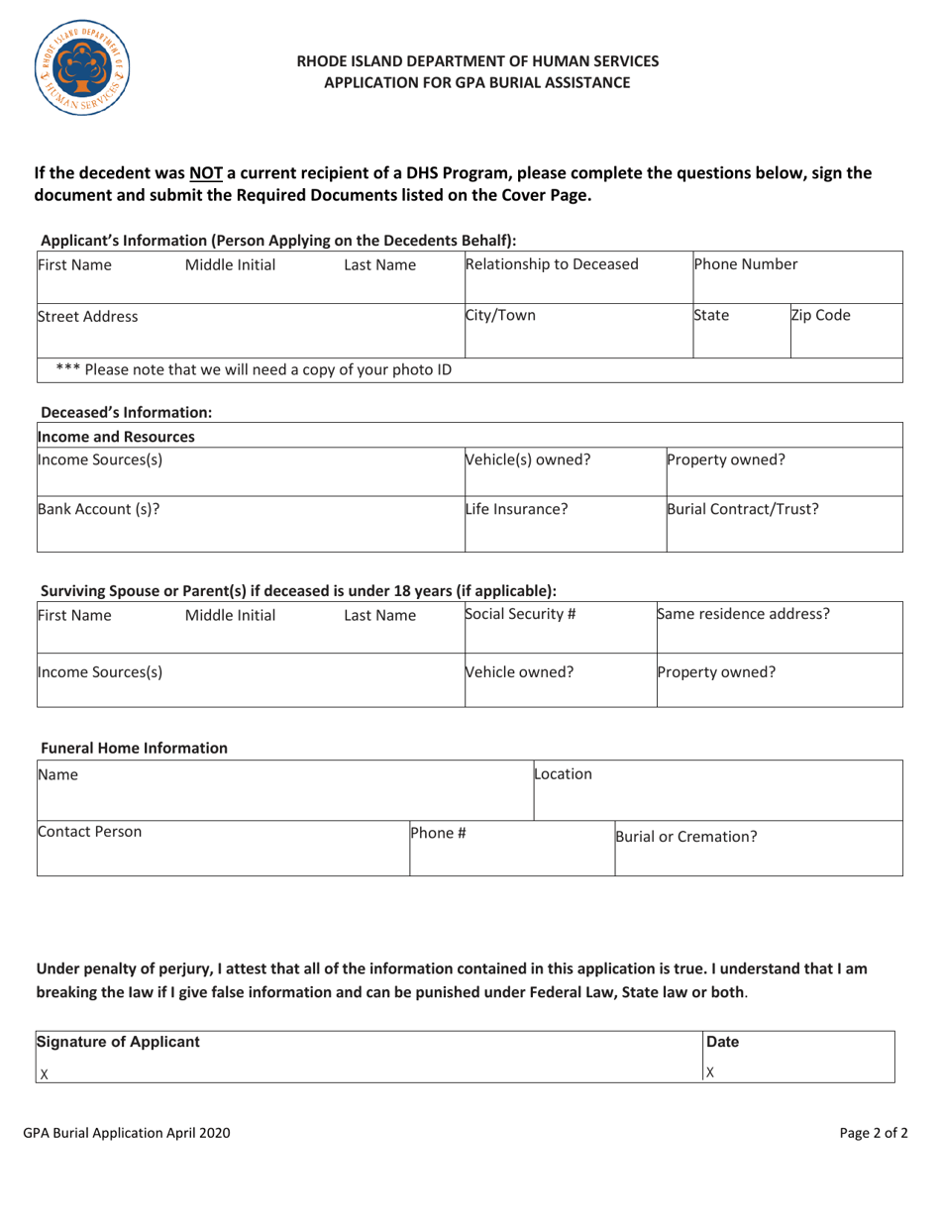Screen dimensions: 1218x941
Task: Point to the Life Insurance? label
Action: [x=510, y=512]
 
